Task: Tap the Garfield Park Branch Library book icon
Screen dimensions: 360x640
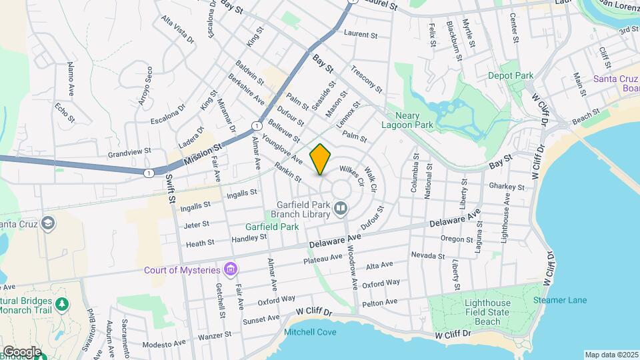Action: pyautogui.click(x=341, y=210)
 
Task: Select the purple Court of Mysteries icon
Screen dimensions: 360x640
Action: pyautogui.click(x=231, y=269)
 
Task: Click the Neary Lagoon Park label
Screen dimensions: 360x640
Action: pyautogui.click(x=407, y=120)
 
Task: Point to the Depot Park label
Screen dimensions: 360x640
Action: pyautogui.click(x=511, y=76)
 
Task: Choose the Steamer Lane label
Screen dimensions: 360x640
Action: pyautogui.click(x=560, y=300)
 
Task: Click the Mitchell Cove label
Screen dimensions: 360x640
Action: pyautogui.click(x=310, y=332)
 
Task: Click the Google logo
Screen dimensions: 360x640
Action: pyautogui.click(x=21, y=351)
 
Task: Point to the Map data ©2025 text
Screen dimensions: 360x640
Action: pyautogui.click(x=611, y=355)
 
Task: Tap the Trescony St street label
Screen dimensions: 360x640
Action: pyautogui.click(x=366, y=79)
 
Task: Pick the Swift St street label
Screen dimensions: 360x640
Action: pyautogui.click(x=171, y=189)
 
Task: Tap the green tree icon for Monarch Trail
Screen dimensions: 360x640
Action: pyautogui.click(x=63, y=303)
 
